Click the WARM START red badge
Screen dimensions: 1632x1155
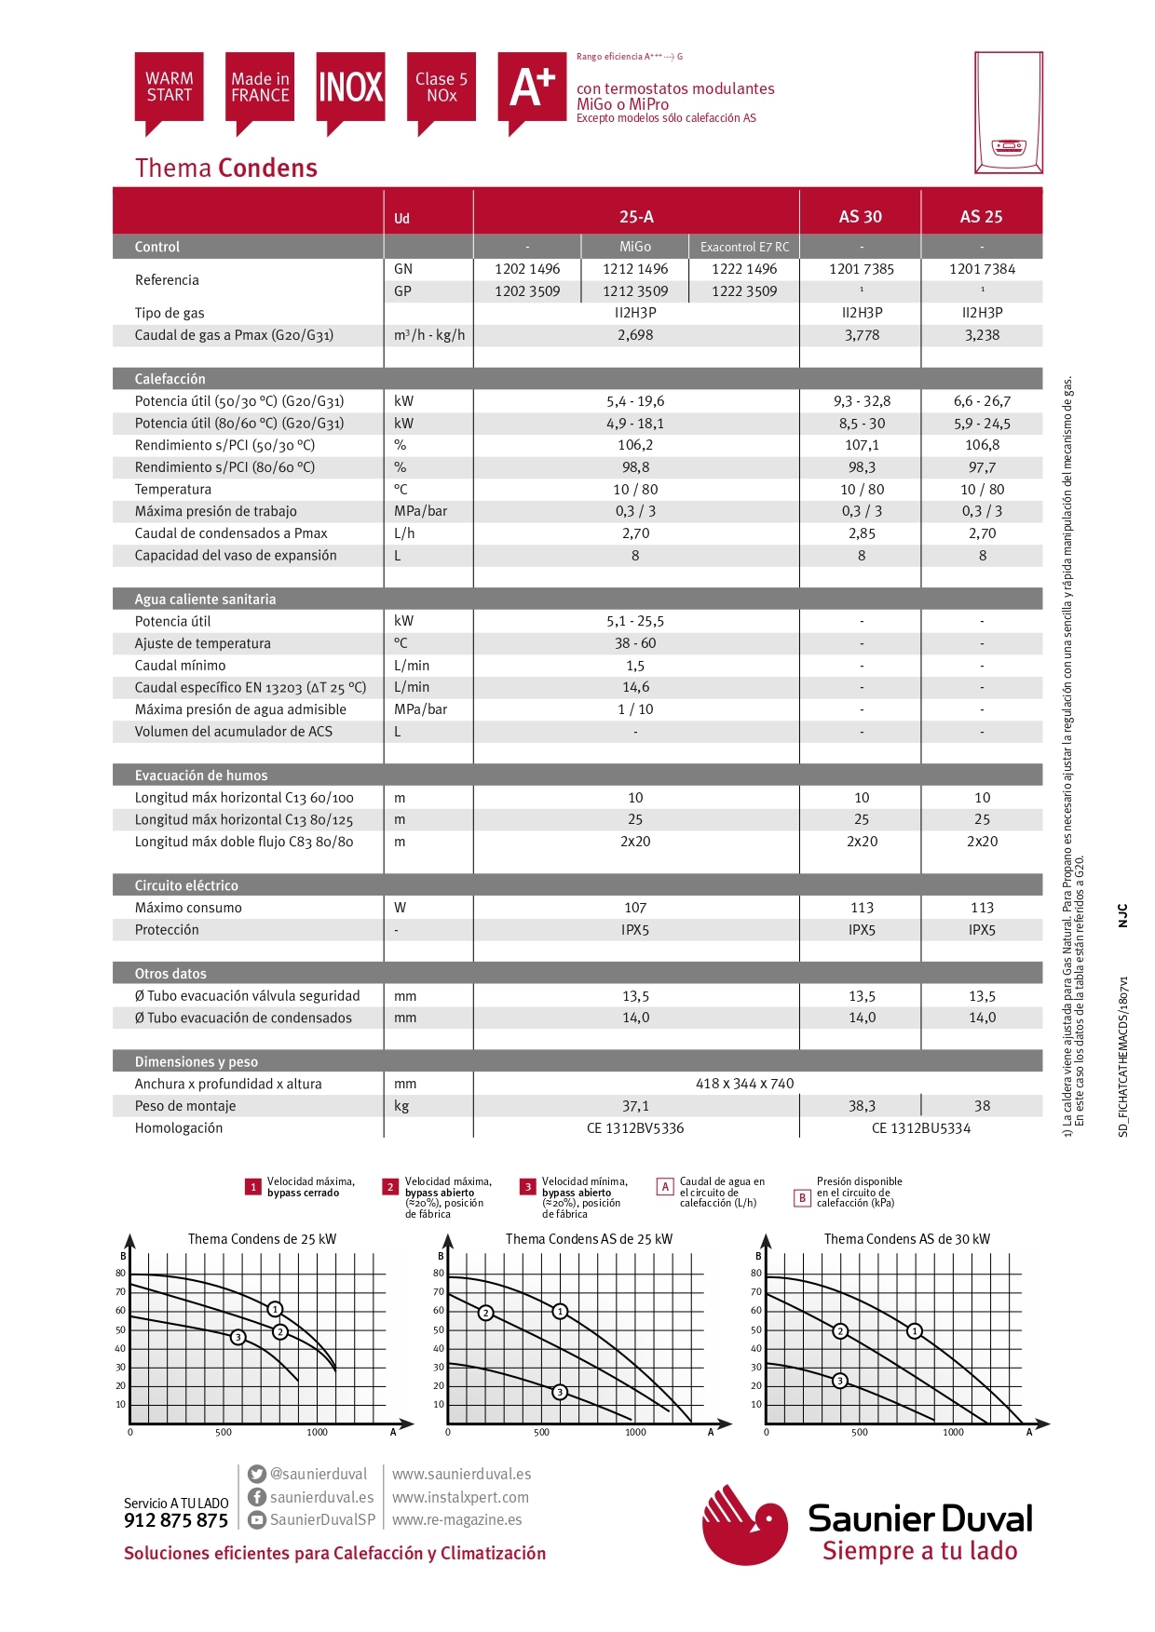169,88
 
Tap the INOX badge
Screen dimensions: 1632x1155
350,88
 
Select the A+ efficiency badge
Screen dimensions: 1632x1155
532,88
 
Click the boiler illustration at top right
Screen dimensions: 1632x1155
1008,113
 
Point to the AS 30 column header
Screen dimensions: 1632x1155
860,217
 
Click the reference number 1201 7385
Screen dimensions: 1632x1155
861,269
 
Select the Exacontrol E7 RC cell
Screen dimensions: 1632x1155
744,247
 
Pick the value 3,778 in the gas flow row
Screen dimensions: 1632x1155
862,335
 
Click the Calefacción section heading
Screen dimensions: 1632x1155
170,379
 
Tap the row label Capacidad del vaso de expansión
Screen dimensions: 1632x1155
236,556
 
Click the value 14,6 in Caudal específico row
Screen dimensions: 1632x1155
635,687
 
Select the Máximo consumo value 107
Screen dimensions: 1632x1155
635,908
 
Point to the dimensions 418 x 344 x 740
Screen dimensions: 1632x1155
744,1084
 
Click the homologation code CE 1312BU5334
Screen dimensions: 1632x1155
920,1128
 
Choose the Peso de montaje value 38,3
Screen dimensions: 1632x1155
862,1106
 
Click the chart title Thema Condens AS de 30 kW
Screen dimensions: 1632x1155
906,1239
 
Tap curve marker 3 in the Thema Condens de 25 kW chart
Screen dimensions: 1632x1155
238,1338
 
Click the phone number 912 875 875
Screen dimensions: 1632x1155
176,1521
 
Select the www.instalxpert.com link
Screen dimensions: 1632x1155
460,1497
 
